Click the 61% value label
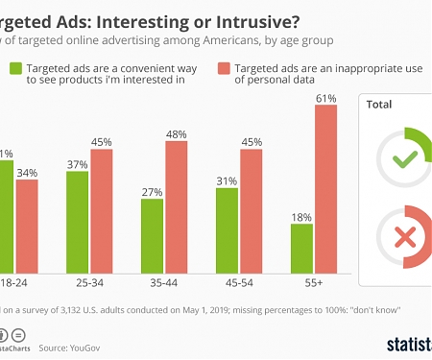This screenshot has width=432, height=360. pos(325,98)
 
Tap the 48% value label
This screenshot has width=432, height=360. pos(176,134)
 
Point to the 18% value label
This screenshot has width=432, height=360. pos(301,217)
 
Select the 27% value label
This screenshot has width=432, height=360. pos(152,192)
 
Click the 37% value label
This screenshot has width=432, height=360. pos(78,164)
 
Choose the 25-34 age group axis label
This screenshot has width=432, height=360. pos(89,284)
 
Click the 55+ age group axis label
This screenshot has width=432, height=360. pos(314,284)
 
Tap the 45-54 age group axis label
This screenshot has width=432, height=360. pos(239,284)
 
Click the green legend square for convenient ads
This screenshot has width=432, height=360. pos(16,68)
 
